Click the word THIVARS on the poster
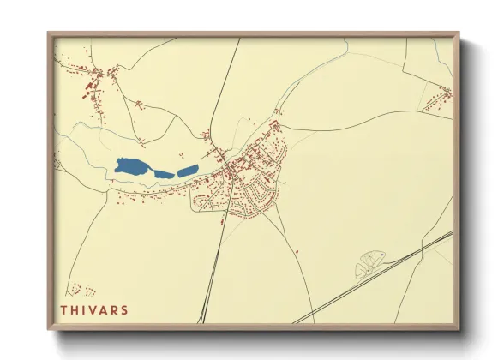pyautogui.click(x=94, y=309)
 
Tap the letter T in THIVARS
pyautogui.click(x=63, y=309)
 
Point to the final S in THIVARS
pyautogui.click(x=125, y=309)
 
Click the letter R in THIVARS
pyautogui.click(x=115, y=309)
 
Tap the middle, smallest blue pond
pyautogui.click(x=164, y=174)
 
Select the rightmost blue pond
pyautogui.click(x=188, y=171)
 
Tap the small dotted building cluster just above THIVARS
pyautogui.click(x=77, y=290)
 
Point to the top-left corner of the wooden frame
pyautogui.click(x=49, y=33)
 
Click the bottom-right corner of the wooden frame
pyautogui.click(x=458, y=328)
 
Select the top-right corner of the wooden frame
pyautogui.click(x=458, y=33)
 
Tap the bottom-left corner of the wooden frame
pyautogui.click(x=49, y=328)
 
